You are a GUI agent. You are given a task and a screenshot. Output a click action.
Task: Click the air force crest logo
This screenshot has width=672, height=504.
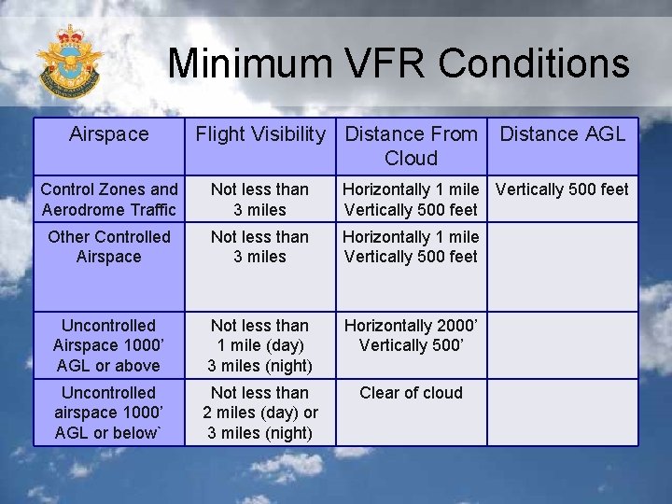(x=69, y=63)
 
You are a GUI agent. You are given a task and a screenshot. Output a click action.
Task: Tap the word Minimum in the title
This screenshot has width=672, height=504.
(x=249, y=64)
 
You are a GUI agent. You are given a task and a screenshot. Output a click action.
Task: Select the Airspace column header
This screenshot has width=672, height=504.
(x=109, y=134)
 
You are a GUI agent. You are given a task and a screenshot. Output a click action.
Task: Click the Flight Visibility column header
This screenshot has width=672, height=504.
(x=259, y=134)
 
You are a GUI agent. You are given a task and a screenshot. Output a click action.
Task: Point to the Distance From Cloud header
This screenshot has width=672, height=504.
(x=411, y=146)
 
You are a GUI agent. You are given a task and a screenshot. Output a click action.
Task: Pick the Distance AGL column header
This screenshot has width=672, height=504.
(x=563, y=134)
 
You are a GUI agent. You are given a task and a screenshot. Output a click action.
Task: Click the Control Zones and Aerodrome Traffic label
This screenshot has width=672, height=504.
(x=109, y=199)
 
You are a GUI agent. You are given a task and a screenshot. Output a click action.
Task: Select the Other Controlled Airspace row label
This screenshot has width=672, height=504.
(x=109, y=246)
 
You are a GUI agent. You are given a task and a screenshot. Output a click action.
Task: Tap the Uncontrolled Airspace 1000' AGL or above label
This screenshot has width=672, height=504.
(x=109, y=345)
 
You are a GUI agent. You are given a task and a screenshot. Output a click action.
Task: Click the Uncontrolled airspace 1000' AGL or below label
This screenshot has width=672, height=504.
(x=109, y=413)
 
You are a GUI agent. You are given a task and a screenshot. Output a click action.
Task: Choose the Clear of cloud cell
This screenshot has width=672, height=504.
(x=411, y=393)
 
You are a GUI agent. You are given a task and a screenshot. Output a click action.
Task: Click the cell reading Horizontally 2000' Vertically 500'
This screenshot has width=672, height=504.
(x=411, y=335)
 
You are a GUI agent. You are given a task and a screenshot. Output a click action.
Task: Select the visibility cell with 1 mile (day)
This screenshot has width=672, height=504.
(x=259, y=345)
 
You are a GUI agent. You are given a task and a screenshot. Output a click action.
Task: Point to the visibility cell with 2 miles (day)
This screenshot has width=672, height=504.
(x=259, y=413)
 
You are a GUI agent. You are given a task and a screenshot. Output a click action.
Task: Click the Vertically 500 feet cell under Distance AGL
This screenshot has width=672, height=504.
(x=563, y=189)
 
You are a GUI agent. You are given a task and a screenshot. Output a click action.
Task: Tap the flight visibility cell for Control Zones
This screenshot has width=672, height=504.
(x=259, y=199)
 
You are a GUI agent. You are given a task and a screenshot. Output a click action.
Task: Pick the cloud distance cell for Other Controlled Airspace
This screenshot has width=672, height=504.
(x=411, y=246)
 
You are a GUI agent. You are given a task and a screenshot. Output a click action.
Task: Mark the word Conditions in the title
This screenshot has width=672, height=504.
(x=534, y=64)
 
